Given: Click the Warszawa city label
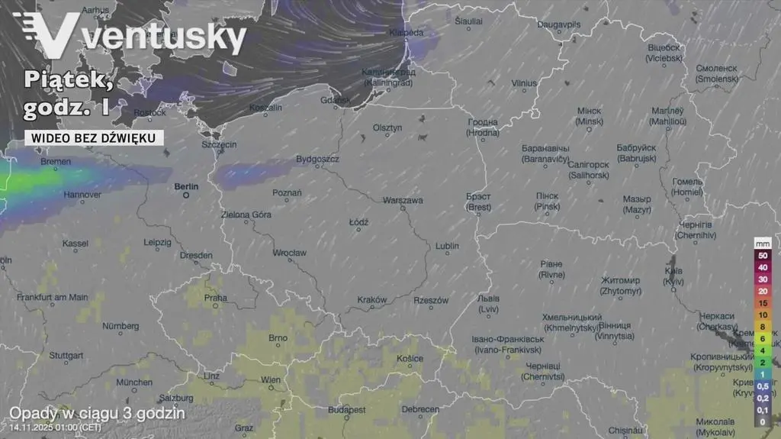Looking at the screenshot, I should click(x=402, y=201).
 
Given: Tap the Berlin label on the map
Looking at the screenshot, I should click(x=186, y=186).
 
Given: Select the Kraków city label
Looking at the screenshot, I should click(x=372, y=300).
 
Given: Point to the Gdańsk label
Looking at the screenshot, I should click(x=335, y=99).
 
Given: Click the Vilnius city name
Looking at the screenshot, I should click(x=524, y=83).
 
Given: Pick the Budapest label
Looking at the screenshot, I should click(x=346, y=410).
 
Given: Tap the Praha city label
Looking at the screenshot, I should click(x=215, y=298).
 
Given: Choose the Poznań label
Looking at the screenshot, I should click(x=287, y=192).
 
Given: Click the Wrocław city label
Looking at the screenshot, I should click(x=290, y=253).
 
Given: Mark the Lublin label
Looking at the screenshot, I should click(x=447, y=246).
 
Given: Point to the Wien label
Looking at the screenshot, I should click(x=271, y=379).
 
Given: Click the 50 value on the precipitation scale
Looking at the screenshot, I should click(x=763, y=255).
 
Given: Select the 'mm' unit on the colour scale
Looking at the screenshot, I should click(x=763, y=243).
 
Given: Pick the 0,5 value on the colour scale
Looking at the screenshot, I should click(x=763, y=386).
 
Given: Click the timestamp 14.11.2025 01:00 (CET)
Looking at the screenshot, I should click(x=55, y=428).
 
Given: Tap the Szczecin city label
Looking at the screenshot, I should click(x=219, y=144).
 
